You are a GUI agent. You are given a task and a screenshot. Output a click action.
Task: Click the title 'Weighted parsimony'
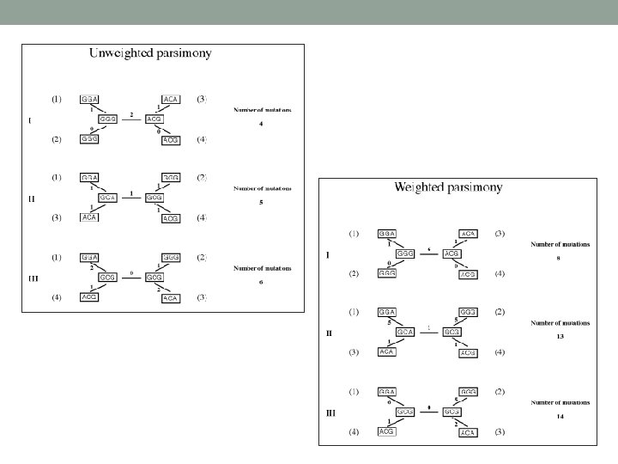(x=448, y=186)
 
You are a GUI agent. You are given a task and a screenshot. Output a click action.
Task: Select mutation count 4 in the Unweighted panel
(x=260, y=124)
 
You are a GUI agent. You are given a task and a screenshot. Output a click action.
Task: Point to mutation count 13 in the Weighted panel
(x=558, y=337)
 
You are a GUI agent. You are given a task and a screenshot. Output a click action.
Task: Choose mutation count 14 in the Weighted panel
(x=558, y=416)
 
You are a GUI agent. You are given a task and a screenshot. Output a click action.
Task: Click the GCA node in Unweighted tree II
(x=107, y=198)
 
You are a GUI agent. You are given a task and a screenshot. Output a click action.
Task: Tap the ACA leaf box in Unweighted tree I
(x=170, y=99)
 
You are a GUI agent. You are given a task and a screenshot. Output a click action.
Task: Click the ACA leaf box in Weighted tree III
(x=467, y=432)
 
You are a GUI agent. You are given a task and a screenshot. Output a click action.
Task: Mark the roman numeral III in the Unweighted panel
(x=32, y=277)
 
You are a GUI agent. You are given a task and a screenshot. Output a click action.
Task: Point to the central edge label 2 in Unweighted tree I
(x=130, y=113)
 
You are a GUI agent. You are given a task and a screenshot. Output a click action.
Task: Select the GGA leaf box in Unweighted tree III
(x=89, y=257)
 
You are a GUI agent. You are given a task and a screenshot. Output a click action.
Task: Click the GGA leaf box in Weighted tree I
(x=386, y=234)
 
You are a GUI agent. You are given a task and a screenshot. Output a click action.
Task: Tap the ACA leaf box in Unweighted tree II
(x=89, y=218)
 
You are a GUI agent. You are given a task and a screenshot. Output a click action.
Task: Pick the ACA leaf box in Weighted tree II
(x=386, y=352)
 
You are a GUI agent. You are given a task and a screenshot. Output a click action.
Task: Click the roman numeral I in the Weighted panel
(x=329, y=253)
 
